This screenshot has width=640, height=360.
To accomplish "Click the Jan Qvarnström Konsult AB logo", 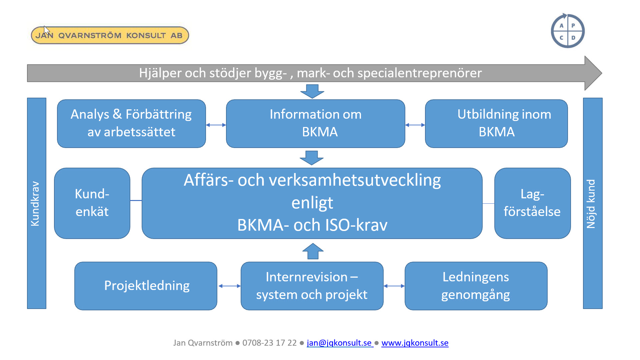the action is point(110,35).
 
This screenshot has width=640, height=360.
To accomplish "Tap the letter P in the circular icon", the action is point(573,25).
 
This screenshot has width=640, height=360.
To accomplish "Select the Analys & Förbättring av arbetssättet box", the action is point(131,123).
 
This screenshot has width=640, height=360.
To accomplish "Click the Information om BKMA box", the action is point(315,123).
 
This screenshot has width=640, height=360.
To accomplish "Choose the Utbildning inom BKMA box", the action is point(496,123).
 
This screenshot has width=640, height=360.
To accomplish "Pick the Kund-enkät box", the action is point(92,203).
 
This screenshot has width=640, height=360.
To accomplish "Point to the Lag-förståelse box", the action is point(532,203).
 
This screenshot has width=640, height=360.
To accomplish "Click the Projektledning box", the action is point(146,286).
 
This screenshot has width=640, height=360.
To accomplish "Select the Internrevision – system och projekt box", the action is point(312,286).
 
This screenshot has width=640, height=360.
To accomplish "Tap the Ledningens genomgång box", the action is point(476,286).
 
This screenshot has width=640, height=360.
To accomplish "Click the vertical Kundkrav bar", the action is point(37,203).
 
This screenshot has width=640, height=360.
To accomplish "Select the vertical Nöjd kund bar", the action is point(593,203).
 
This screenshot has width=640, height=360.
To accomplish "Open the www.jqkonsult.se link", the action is point(415,343).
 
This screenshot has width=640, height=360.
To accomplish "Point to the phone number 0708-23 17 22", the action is point(269,343).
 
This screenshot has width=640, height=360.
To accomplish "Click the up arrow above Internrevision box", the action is point(313,251).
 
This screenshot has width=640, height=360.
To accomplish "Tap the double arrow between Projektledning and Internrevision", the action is point(229,286).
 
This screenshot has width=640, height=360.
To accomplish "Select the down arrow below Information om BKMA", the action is point(312,158).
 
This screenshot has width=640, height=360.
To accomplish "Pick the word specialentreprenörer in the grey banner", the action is point(420,73).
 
